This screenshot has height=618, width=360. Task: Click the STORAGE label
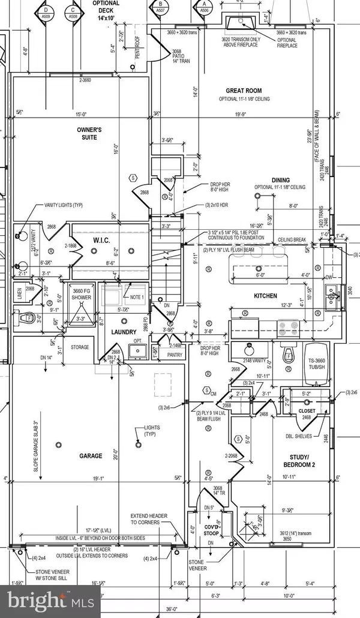point(79,347)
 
